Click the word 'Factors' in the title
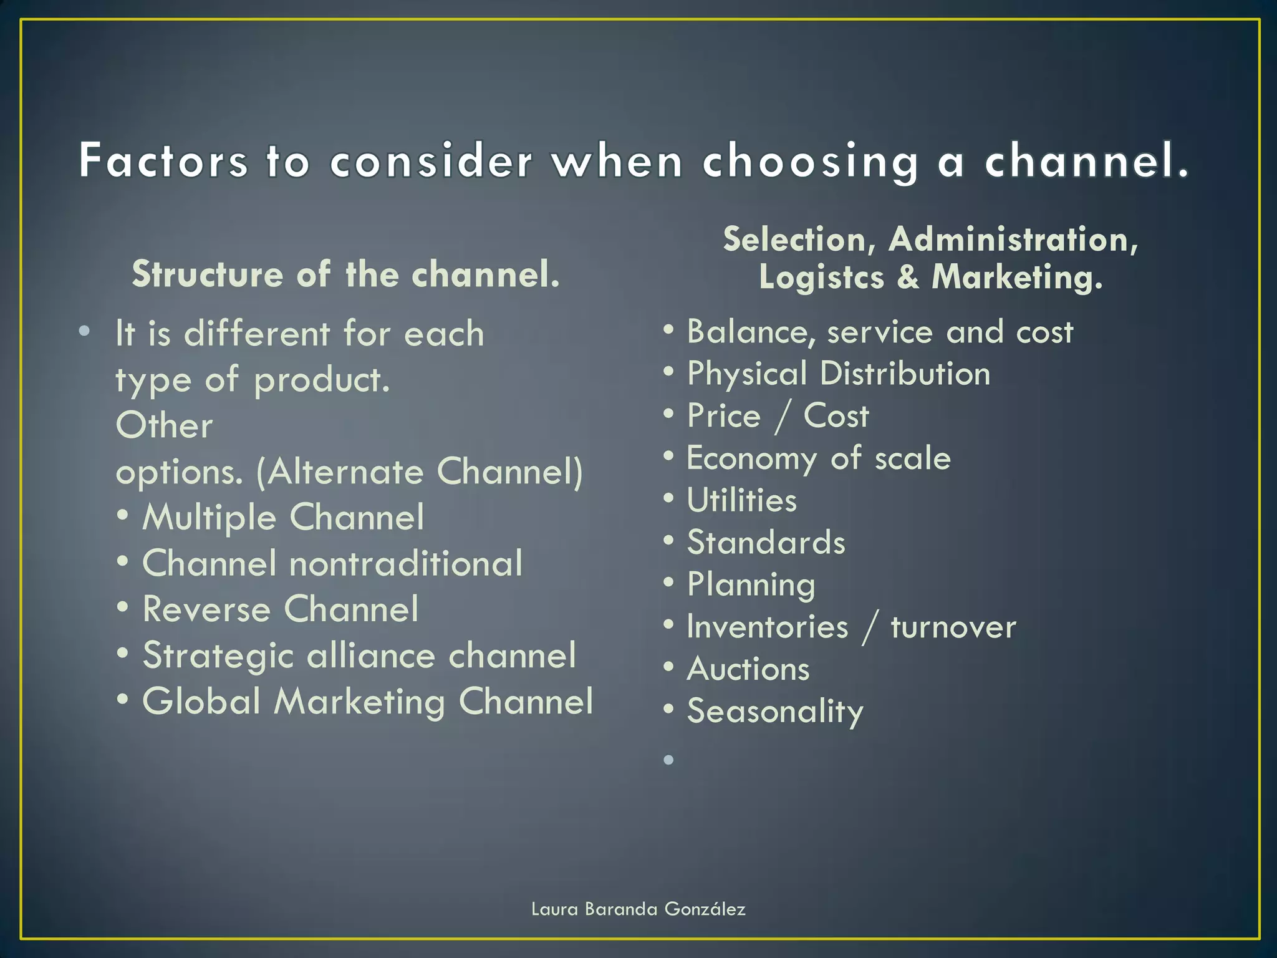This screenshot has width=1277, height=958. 163,161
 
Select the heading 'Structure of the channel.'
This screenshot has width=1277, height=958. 346,274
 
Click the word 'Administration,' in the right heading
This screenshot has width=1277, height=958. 1013,239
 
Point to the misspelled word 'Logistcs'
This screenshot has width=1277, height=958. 821,277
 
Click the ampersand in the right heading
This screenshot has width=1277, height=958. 908,277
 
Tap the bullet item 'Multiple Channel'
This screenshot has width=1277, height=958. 283,518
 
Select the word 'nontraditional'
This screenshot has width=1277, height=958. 406,564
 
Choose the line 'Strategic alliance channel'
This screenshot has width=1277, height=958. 359,656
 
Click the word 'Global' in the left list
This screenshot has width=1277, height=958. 201,702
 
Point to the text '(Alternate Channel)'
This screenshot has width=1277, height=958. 419,472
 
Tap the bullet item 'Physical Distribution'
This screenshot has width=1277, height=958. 838,374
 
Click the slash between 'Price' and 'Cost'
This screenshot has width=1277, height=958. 782,417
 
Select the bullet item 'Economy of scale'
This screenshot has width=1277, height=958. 818,458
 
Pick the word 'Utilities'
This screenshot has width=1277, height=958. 741,501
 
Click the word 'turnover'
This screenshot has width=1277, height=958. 953,627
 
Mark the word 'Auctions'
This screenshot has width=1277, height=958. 748,669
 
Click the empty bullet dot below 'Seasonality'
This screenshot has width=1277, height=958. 669,760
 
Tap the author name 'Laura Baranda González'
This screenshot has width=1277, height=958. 638,909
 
